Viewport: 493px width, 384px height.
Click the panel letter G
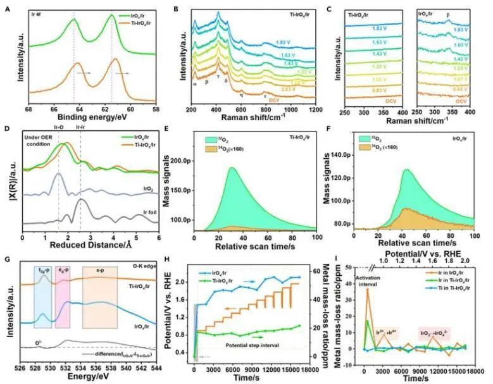[x=7, y=259]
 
